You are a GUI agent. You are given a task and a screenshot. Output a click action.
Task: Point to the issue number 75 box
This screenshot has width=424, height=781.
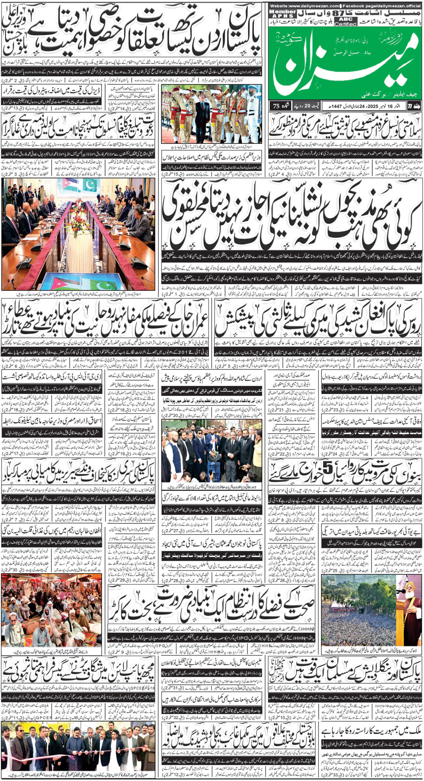point(277,106)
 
